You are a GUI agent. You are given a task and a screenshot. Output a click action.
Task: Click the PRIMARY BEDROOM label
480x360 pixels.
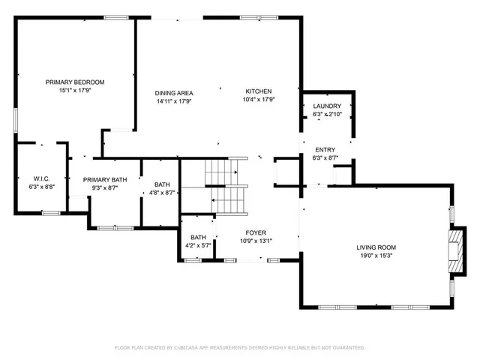(74, 82)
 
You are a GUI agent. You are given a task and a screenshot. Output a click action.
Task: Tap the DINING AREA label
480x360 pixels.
(174, 92)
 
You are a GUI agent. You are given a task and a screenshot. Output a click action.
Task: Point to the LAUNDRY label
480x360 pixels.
(327, 106)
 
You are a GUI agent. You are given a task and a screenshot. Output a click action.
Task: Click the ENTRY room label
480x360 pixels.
(325, 150)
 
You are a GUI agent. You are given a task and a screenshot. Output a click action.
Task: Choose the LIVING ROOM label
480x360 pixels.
(376, 247)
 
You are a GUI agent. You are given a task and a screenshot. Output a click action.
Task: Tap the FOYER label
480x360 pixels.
(256, 233)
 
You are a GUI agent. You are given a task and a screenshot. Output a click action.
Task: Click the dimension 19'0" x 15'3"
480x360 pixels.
(376, 255)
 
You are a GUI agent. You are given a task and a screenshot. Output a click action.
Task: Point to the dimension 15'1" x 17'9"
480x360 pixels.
(74, 90)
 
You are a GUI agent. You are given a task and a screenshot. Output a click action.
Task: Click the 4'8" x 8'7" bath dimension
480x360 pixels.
(162, 193)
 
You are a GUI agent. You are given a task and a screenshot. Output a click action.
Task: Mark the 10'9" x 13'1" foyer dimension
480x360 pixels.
(256, 241)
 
